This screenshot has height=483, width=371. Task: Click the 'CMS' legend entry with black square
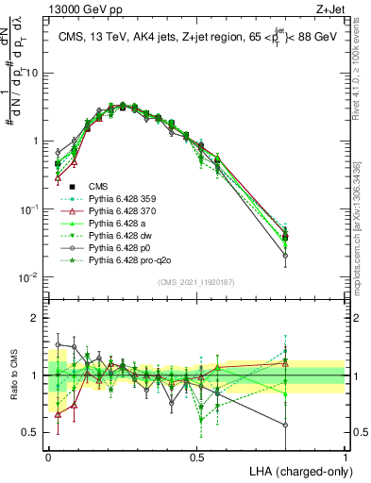(x=84, y=187)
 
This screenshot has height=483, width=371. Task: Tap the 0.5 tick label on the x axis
(x=196, y=456)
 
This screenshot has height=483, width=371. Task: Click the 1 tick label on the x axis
(x=345, y=456)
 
